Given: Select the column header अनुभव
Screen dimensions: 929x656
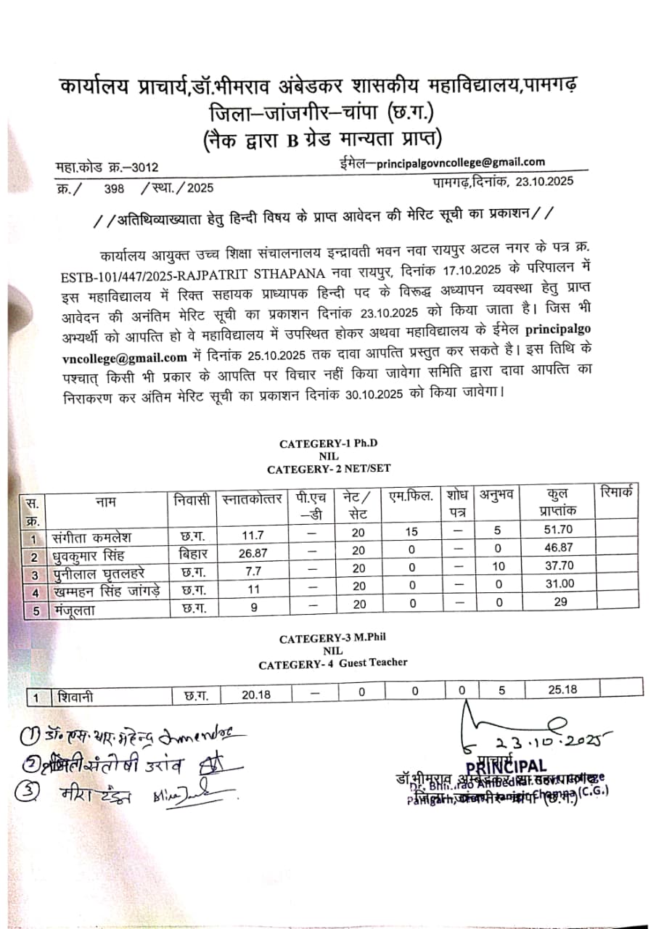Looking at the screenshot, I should pyautogui.click(x=497, y=496).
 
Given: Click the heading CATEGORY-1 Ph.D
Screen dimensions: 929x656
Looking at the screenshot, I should pyautogui.click(x=329, y=443).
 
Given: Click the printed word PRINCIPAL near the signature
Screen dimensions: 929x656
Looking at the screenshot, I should pyautogui.click(x=507, y=766).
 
